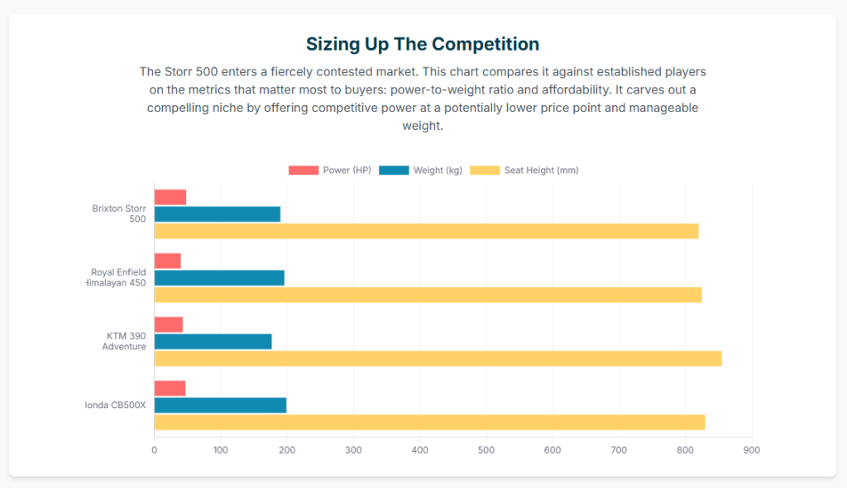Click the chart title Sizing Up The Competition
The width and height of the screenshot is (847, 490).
(423, 44)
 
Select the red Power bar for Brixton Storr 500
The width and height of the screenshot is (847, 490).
(170, 197)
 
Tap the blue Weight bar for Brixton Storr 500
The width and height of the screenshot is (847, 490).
(218, 214)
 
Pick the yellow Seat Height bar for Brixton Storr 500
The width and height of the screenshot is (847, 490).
(426, 231)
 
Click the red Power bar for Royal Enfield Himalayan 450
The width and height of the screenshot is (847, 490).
(168, 261)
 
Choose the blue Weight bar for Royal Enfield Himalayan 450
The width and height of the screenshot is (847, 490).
(219, 277)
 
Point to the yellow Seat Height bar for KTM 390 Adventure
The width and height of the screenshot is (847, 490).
(438, 358)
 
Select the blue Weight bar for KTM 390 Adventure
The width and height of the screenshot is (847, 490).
(213, 341)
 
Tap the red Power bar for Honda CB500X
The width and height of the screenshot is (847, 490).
(170, 388)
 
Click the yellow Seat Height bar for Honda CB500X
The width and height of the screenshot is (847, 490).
(429, 422)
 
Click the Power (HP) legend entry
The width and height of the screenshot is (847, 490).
(329, 171)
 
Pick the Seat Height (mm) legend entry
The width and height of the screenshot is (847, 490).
(524, 171)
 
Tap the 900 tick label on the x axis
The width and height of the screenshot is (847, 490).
(751, 450)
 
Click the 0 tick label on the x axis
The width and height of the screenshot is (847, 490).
(154, 450)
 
